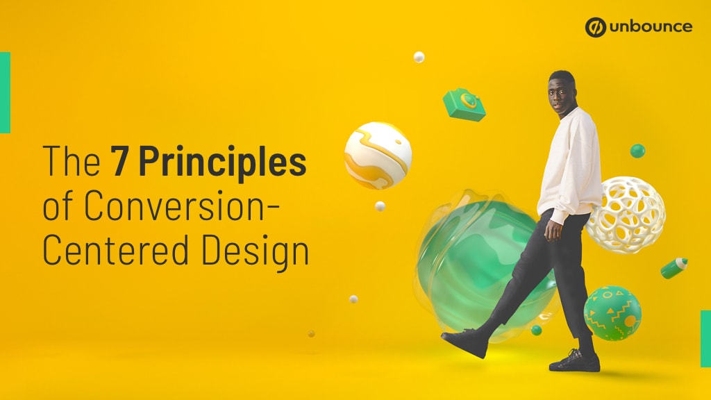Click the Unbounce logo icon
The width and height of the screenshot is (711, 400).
tap(596, 27)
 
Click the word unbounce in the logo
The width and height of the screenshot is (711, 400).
tap(650, 27)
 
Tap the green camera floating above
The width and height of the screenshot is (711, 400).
tap(464, 105)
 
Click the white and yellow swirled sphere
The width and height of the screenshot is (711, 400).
tap(378, 156)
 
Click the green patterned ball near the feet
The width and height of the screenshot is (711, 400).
tap(612, 312)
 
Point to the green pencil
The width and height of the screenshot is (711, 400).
tap(674, 267)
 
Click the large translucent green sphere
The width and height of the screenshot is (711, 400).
tap(479, 260)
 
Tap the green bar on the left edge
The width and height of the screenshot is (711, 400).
tap(5, 92)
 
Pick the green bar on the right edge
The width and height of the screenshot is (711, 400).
tap(705, 338)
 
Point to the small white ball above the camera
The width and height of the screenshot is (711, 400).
tap(419, 56)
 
